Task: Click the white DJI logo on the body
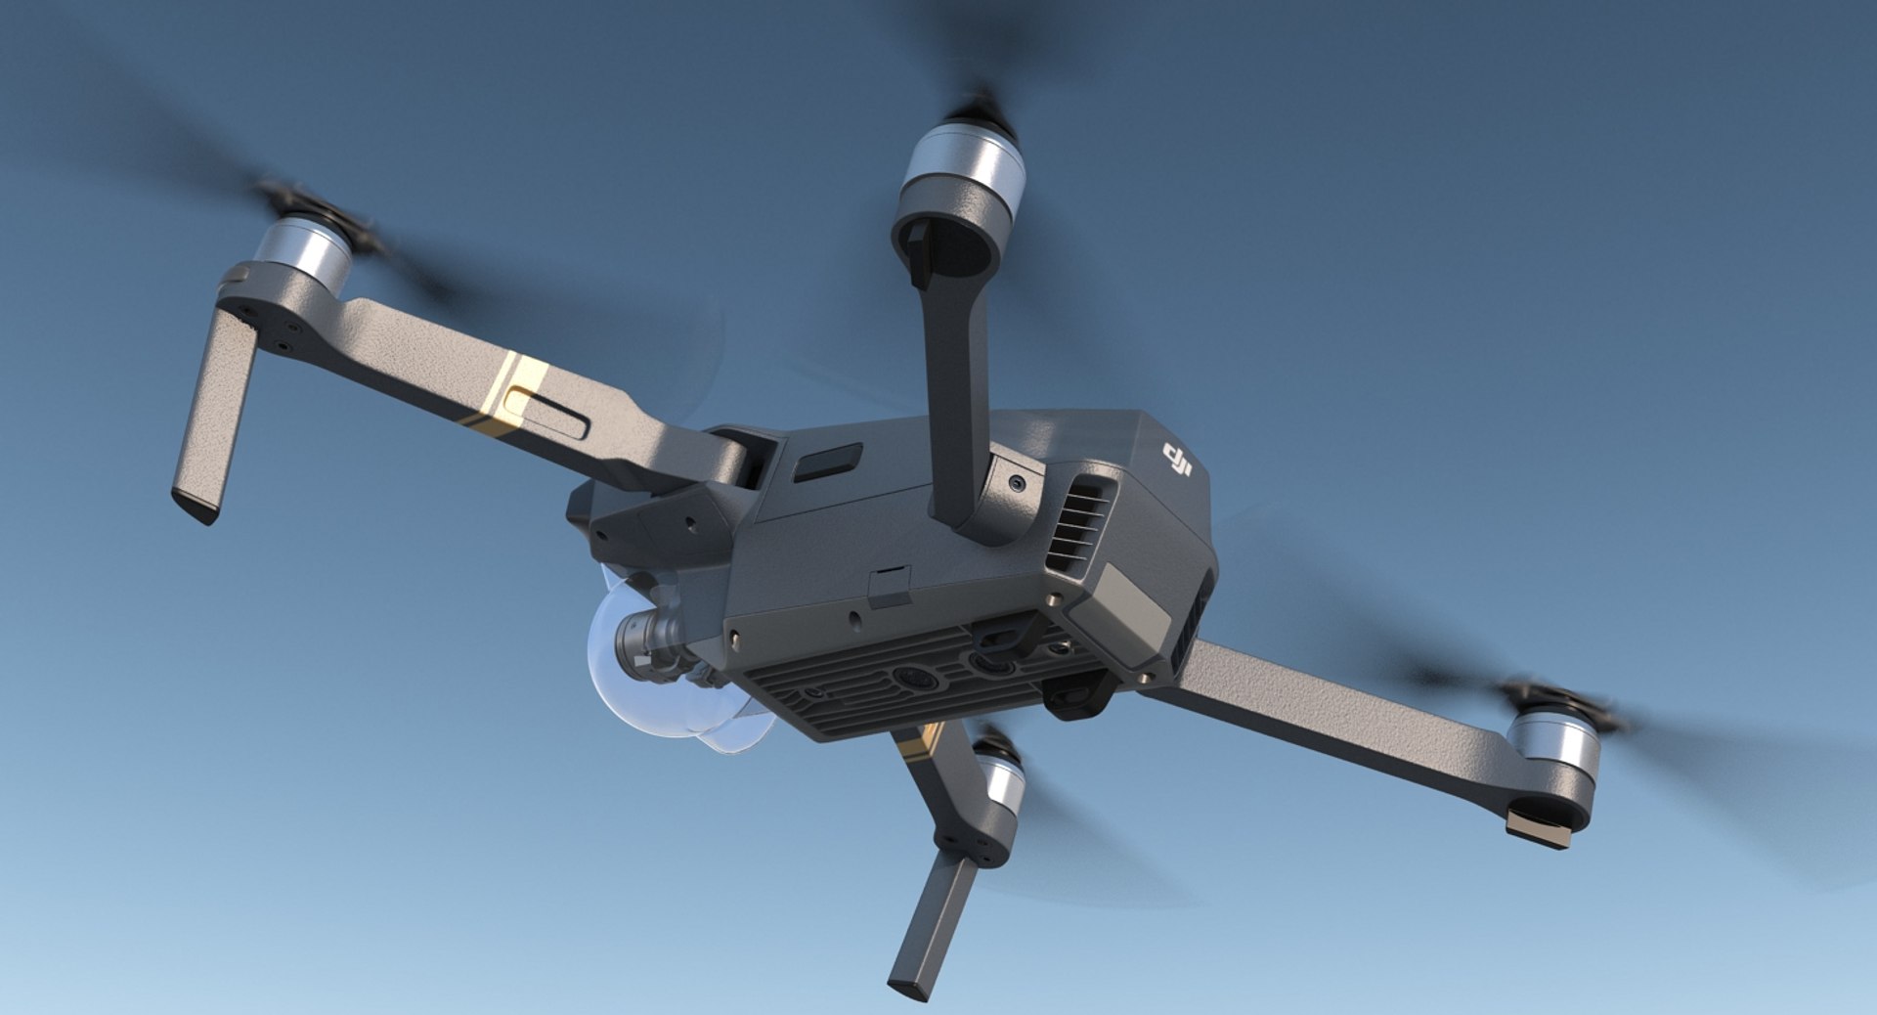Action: [1177, 461]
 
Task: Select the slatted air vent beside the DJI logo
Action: [1081, 523]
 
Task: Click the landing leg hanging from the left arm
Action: [214, 416]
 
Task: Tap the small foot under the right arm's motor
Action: [1539, 829]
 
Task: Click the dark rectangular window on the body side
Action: [827, 462]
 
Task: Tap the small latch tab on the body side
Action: [890, 585]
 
